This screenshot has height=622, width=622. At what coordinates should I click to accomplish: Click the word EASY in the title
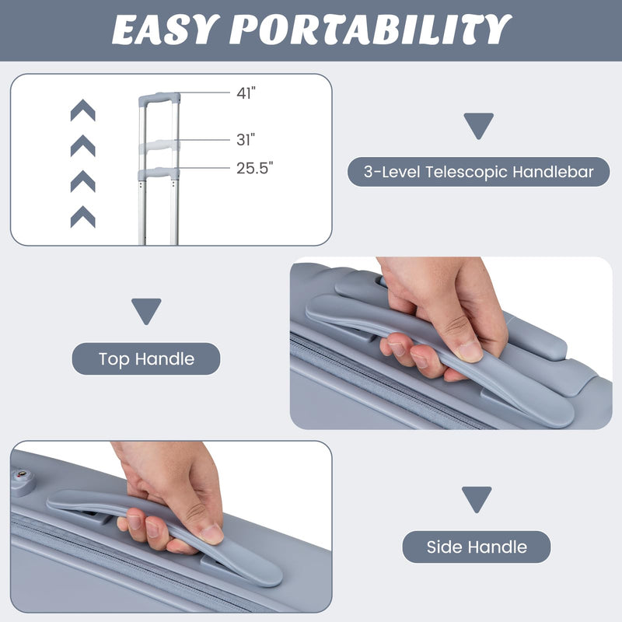pyautogui.click(x=166, y=30)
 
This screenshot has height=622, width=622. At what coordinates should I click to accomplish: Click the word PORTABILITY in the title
pyautogui.click(x=371, y=30)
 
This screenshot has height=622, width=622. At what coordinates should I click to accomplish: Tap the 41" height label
pyautogui.click(x=246, y=93)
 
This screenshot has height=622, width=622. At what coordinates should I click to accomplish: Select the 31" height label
pyautogui.click(x=246, y=140)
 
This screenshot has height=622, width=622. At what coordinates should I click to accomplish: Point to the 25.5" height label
pyautogui.click(x=255, y=168)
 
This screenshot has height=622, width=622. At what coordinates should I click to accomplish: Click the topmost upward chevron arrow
pyautogui.click(x=83, y=110)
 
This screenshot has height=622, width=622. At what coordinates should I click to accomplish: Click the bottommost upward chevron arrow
pyautogui.click(x=83, y=217)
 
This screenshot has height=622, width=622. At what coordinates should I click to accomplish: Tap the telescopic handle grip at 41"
pyautogui.click(x=159, y=99)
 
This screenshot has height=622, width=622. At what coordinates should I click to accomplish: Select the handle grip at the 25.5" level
pyautogui.click(x=159, y=173)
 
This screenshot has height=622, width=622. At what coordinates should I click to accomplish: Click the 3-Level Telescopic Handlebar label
pyautogui.click(x=478, y=172)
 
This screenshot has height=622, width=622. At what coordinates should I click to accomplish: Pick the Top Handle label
pyautogui.click(x=146, y=359)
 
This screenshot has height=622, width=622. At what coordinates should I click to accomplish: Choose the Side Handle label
pyautogui.click(x=477, y=547)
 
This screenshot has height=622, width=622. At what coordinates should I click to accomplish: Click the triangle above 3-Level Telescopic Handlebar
pyautogui.click(x=479, y=125)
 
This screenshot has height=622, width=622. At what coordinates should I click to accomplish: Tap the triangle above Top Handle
pyautogui.click(x=146, y=310)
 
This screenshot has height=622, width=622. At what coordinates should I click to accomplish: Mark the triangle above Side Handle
pyautogui.click(x=477, y=498)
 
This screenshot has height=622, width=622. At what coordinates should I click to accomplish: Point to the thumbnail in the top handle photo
pyautogui.click(x=469, y=351)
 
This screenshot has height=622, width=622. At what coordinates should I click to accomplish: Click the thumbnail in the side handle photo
pyautogui.click(x=211, y=534)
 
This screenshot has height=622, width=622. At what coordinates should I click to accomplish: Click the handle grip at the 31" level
pyautogui.click(x=159, y=145)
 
